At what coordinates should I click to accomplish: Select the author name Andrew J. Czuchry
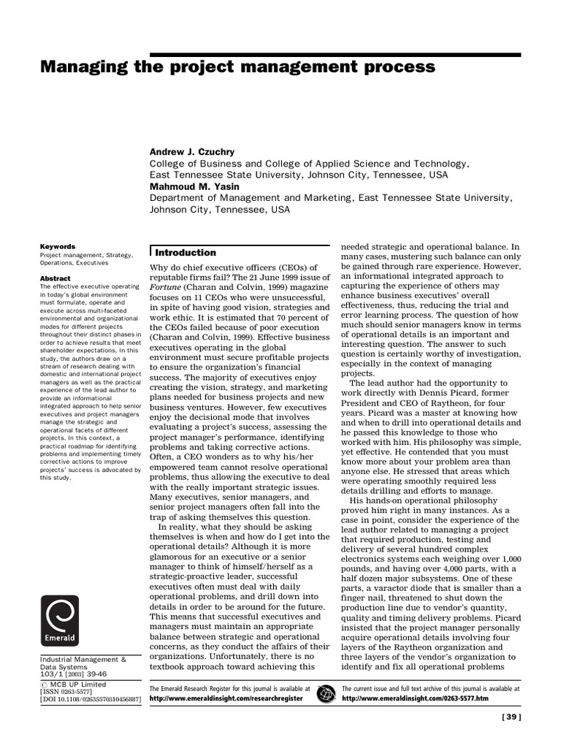click(192, 152)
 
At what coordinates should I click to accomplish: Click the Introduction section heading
click(186, 253)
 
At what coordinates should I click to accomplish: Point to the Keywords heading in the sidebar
click(58, 247)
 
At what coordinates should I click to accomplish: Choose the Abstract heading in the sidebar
click(56, 278)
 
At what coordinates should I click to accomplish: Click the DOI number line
click(90, 700)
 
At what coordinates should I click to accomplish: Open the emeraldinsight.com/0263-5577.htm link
click(414, 698)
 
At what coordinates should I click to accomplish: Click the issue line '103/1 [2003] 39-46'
click(73, 675)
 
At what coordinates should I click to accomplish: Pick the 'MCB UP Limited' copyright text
click(78, 684)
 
